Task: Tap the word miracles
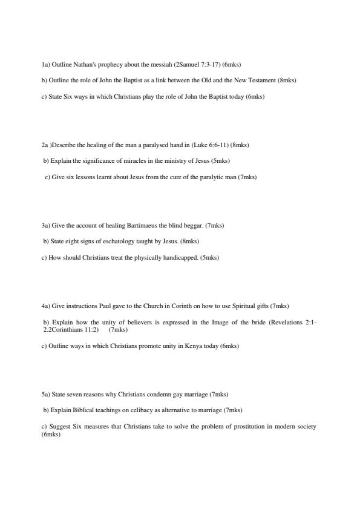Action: [x=122, y=161]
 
